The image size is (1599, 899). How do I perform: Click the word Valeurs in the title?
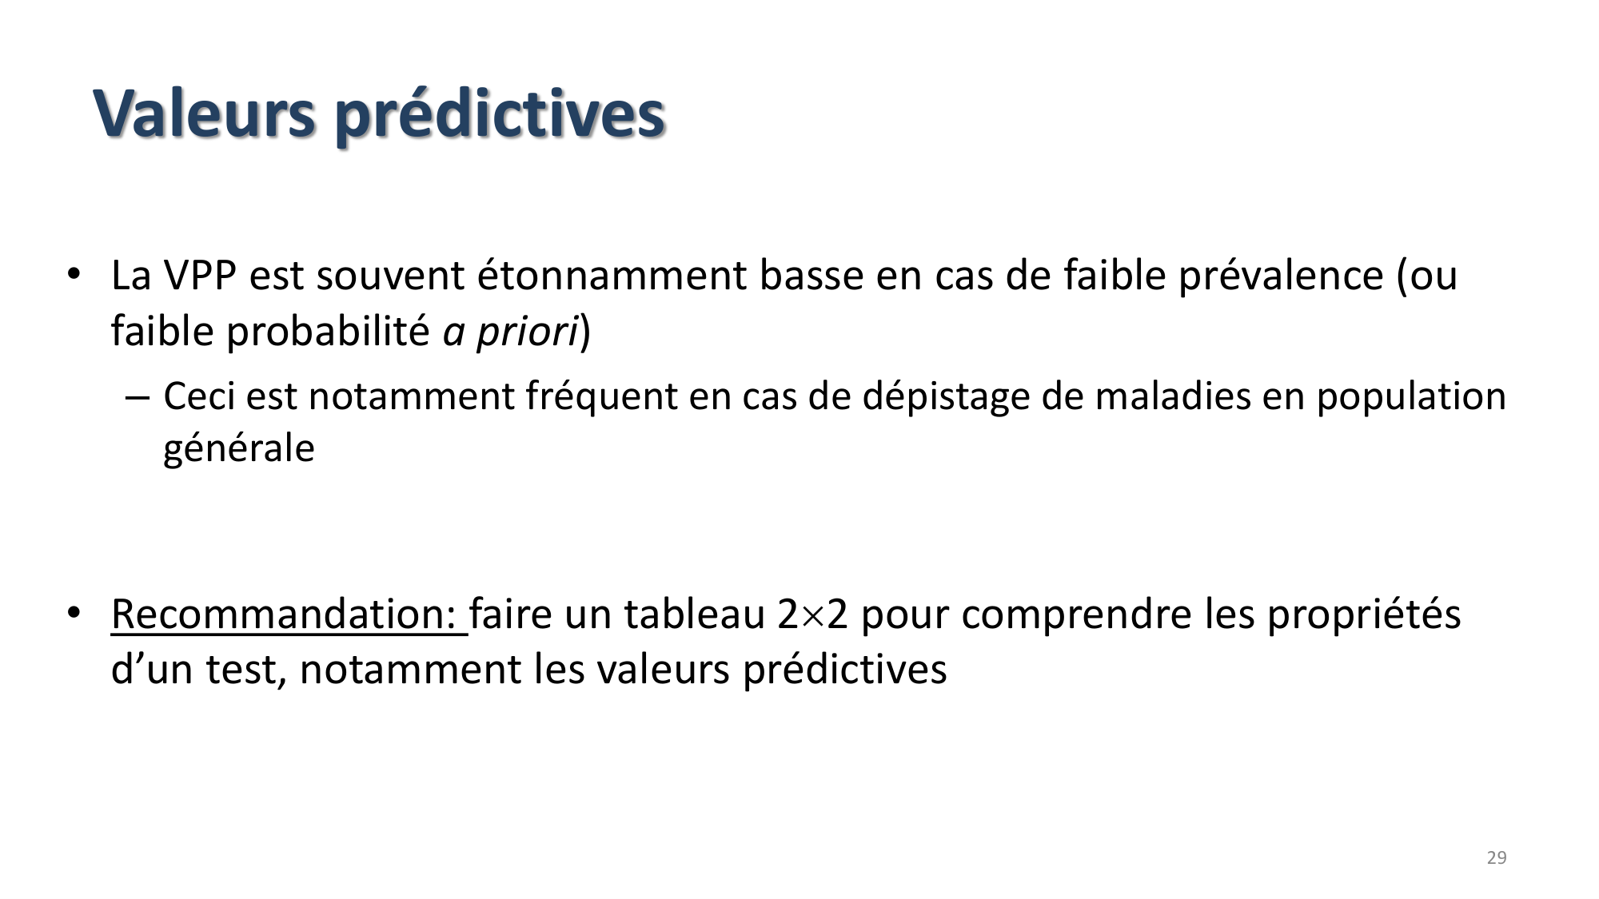(205, 113)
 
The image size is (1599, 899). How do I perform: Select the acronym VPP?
(200, 276)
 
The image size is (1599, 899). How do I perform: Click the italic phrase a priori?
(510, 331)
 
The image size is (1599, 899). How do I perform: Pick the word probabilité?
(328, 331)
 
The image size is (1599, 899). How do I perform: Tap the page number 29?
(1496, 858)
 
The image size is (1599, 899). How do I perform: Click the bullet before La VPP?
(74, 274)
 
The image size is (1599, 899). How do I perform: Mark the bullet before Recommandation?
(74, 613)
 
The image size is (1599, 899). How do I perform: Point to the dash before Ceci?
(137, 397)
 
